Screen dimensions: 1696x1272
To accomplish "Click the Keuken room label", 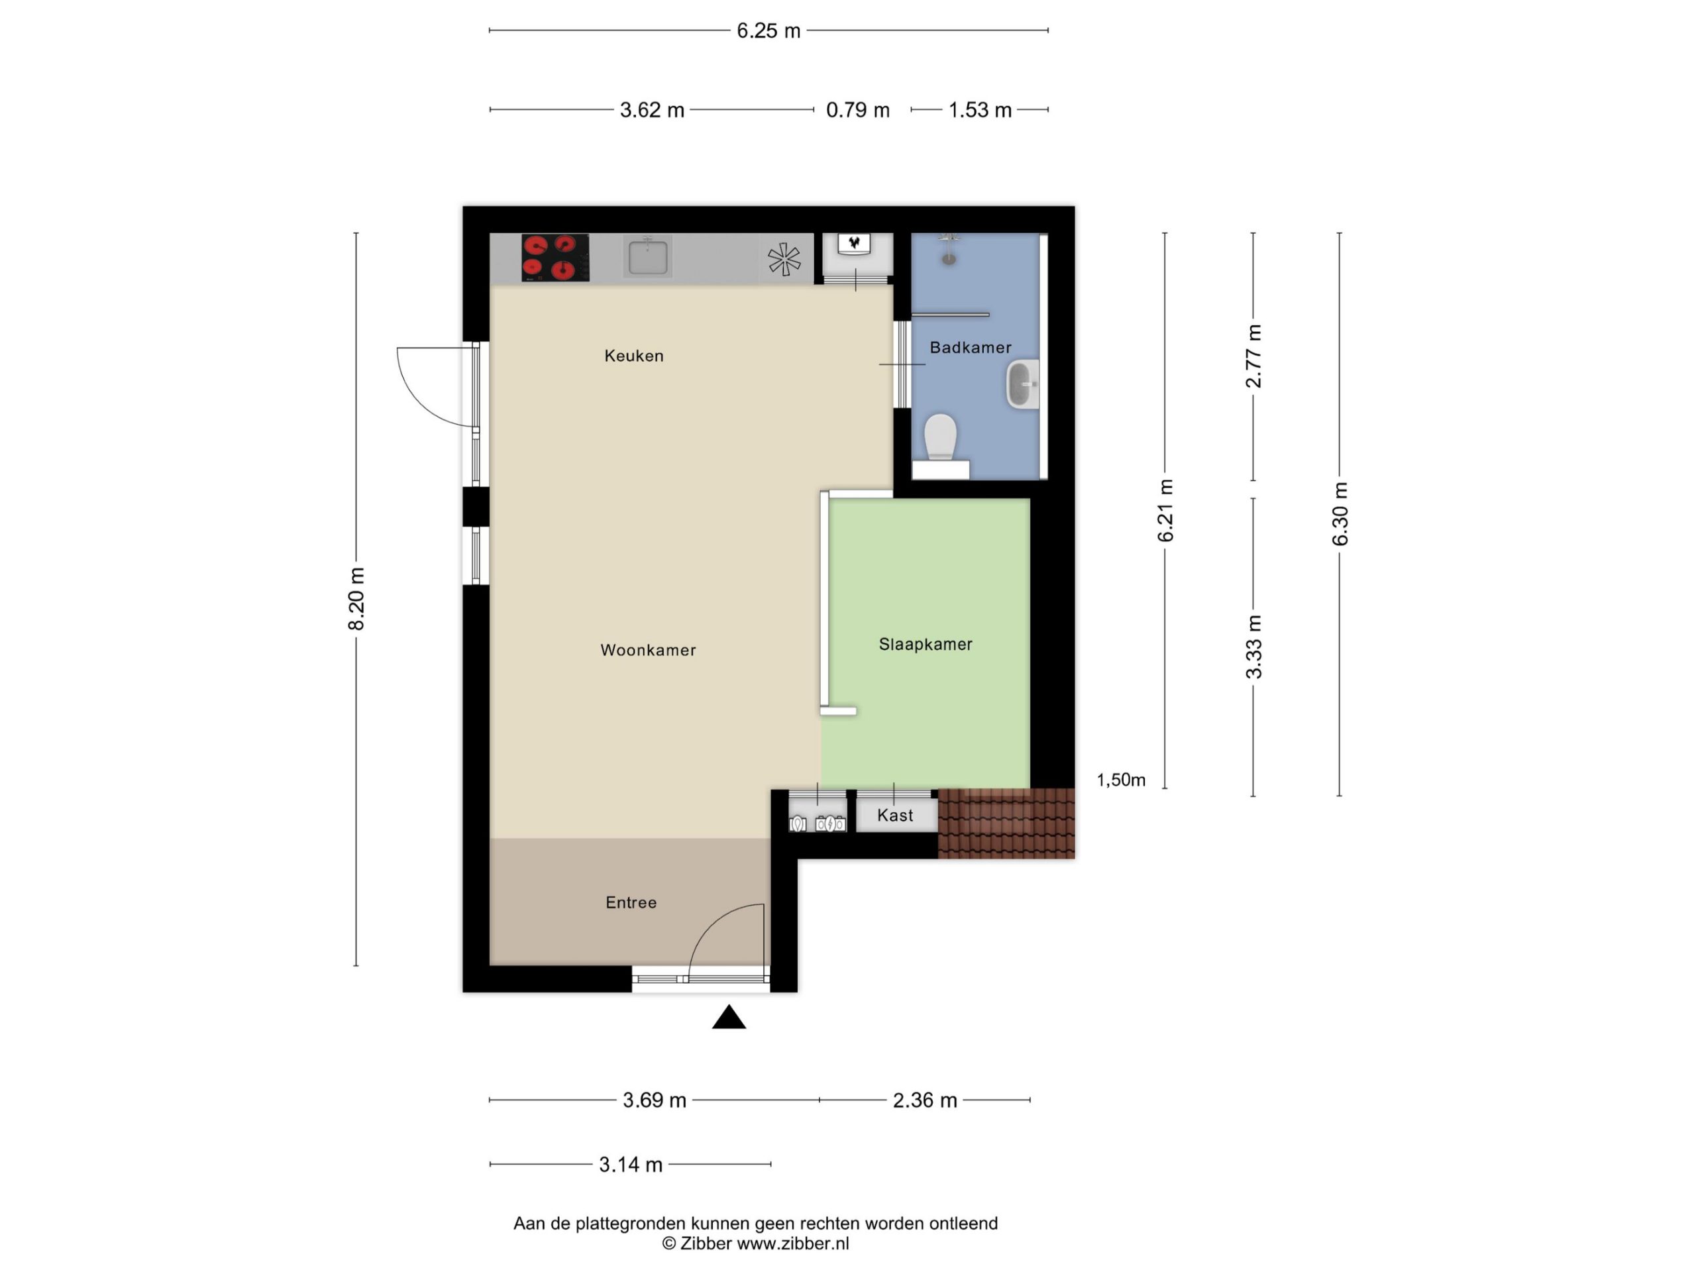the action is click(x=633, y=356).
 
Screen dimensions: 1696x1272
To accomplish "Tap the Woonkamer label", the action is click(x=648, y=650).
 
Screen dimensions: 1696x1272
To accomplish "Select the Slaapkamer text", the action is click(x=926, y=644).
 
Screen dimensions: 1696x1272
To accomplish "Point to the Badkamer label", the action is click(x=970, y=347).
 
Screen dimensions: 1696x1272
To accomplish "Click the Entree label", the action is click(x=631, y=902).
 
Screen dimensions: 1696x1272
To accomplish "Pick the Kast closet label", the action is click(x=895, y=815).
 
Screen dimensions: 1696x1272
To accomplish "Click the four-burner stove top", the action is click(x=555, y=258).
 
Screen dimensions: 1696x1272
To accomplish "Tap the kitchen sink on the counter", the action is click(x=648, y=256).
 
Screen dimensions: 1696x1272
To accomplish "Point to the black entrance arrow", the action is click(x=728, y=1017).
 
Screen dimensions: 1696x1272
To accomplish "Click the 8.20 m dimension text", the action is click(x=356, y=599).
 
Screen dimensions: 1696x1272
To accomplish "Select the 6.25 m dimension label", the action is click(x=768, y=30).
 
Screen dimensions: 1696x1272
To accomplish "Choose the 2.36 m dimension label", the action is click(x=925, y=1100).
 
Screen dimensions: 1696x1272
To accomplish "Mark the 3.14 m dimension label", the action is click(x=630, y=1165).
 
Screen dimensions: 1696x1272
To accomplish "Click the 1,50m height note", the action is click(x=1121, y=780).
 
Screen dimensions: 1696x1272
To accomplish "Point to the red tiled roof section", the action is click(x=1006, y=823).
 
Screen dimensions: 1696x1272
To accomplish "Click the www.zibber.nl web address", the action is click(x=793, y=1244).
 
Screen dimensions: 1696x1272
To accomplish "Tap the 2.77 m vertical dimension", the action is click(x=1253, y=356).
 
